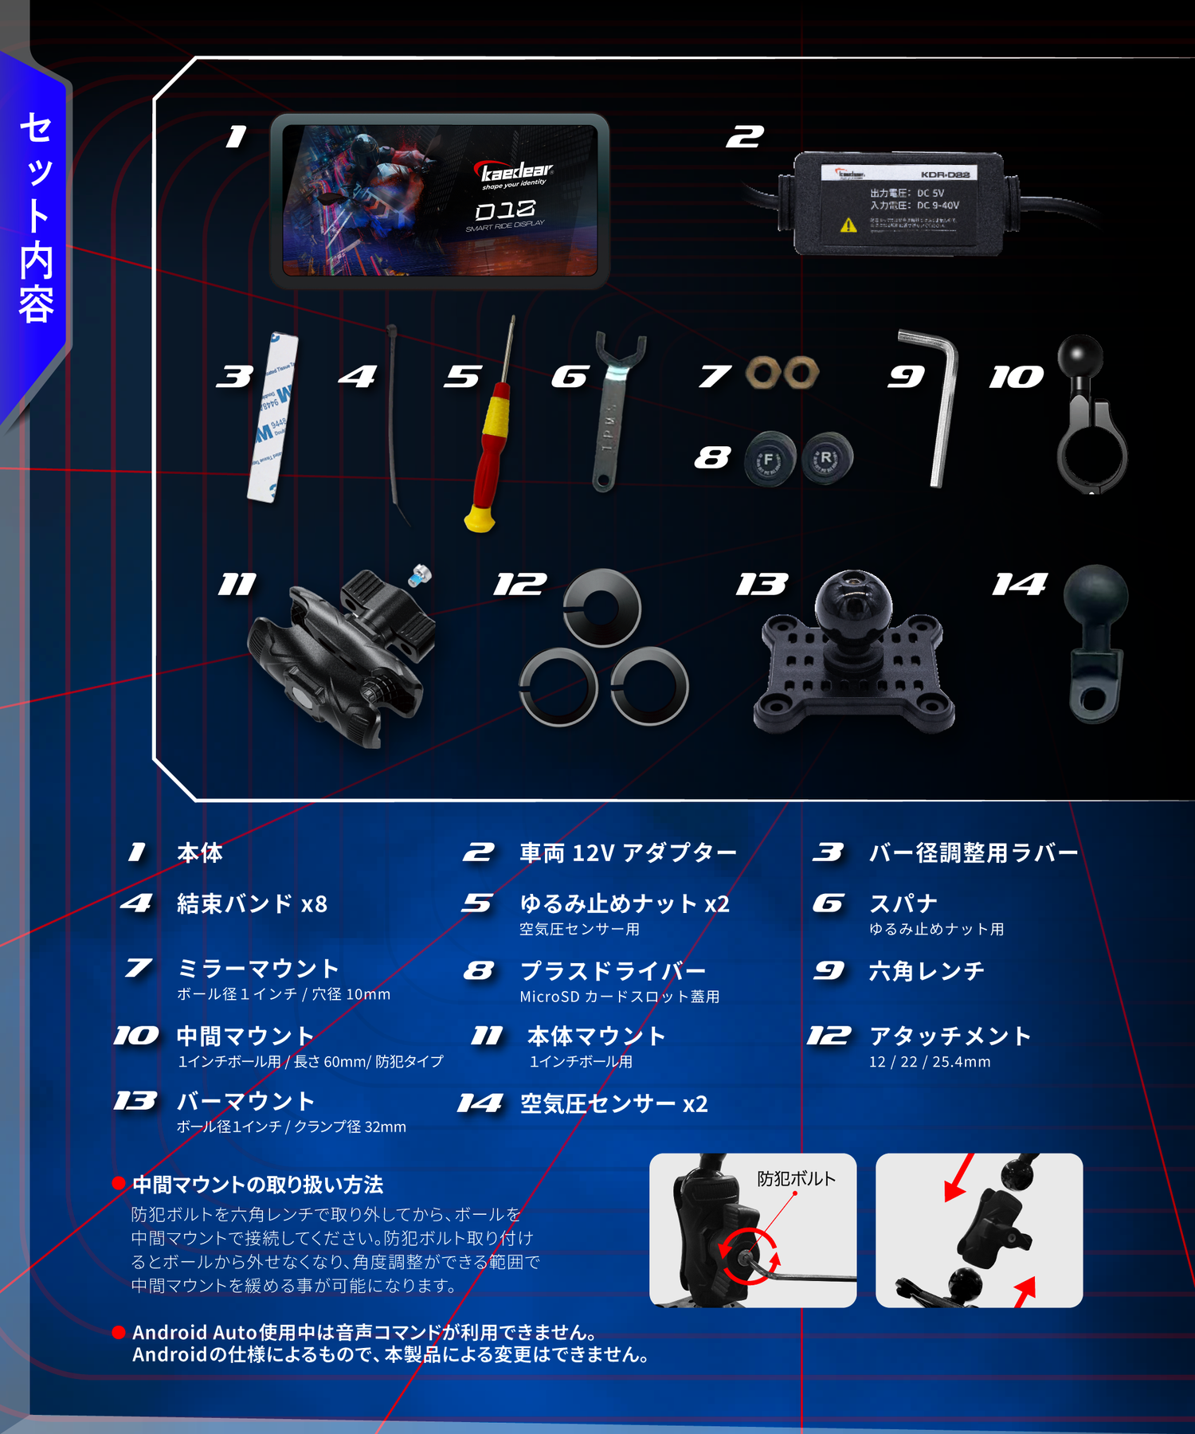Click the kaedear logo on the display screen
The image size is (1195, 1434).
pyautogui.click(x=516, y=172)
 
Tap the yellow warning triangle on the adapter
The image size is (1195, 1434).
pyautogui.click(x=848, y=225)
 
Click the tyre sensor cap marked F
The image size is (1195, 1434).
pyautogui.click(x=770, y=460)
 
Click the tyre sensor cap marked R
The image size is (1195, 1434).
pyautogui.click(x=827, y=458)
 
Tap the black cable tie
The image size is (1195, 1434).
pyautogui.click(x=394, y=422)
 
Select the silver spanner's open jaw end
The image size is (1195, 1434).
pyautogui.click(x=621, y=351)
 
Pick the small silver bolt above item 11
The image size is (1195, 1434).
pyautogui.click(x=419, y=575)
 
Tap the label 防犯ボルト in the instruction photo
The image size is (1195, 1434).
pyautogui.click(x=796, y=1178)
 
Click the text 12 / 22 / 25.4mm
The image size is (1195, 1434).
pyautogui.click(x=930, y=1062)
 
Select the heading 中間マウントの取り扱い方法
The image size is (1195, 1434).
pyautogui.click(x=257, y=1185)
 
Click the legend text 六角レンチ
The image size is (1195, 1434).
pyautogui.click(x=927, y=971)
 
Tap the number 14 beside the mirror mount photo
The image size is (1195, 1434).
pyautogui.click(x=1019, y=585)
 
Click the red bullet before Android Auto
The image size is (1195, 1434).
pyautogui.click(x=119, y=1332)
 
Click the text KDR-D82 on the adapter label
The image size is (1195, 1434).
pyautogui.click(x=945, y=174)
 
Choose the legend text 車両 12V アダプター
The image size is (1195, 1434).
pyautogui.click(x=628, y=852)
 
